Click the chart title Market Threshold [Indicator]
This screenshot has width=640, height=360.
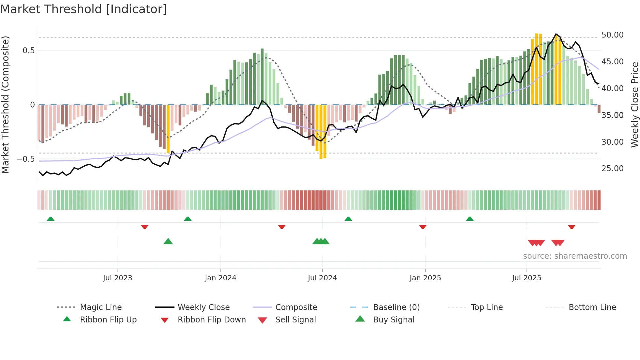(84, 9)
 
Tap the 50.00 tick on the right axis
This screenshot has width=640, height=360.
(612, 35)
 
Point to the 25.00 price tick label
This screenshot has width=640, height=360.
(612, 169)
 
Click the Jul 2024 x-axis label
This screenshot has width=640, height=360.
(322, 278)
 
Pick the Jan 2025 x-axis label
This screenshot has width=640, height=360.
(425, 278)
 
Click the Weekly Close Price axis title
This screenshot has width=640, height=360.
(634, 105)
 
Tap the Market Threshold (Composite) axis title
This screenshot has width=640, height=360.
(5, 105)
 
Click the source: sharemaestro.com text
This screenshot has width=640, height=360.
(575, 256)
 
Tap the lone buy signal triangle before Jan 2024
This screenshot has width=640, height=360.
(168, 242)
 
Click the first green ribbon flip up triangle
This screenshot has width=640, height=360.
(51, 219)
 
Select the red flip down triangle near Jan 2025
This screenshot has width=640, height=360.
(423, 227)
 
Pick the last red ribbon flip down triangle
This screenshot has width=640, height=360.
(571, 227)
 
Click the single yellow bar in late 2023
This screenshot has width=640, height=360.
(168, 129)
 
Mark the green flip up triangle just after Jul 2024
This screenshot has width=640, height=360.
(348, 219)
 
